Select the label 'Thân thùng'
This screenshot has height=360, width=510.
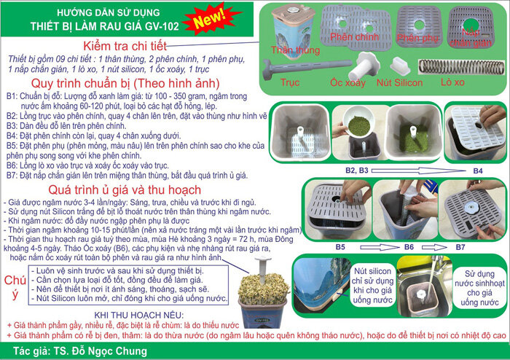tap(297, 50)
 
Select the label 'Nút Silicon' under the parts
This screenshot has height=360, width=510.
tap(399, 83)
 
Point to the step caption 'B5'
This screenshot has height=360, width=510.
tap(340, 247)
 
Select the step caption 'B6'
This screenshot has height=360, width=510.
tap(410, 247)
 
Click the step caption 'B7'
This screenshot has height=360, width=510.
tap(461, 247)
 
